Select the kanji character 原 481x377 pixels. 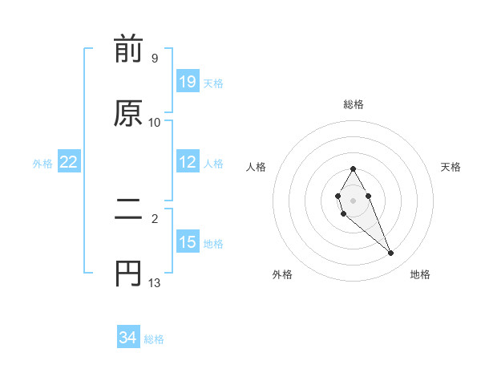pos(128,113)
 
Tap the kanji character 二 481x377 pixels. pos(128,212)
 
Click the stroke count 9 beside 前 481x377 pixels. pos(154,59)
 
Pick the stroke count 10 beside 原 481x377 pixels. pos(155,122)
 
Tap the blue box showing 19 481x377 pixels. pos(188,82)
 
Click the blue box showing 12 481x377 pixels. pos(188,162)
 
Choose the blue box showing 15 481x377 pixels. pos(188,242)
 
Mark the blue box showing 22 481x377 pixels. pos(69,162)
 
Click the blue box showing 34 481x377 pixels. pos(127,338)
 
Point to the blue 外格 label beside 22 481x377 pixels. pos(42,163)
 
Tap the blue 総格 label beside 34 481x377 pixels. pos(155,339)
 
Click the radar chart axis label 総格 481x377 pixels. pos(353,104)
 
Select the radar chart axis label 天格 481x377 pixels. pos(451,167)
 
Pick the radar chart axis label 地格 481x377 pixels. pos(420,274)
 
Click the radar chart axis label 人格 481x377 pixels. pos(257,167)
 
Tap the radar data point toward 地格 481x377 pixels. pos(391,253)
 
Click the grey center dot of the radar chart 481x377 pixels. pos(353,199)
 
